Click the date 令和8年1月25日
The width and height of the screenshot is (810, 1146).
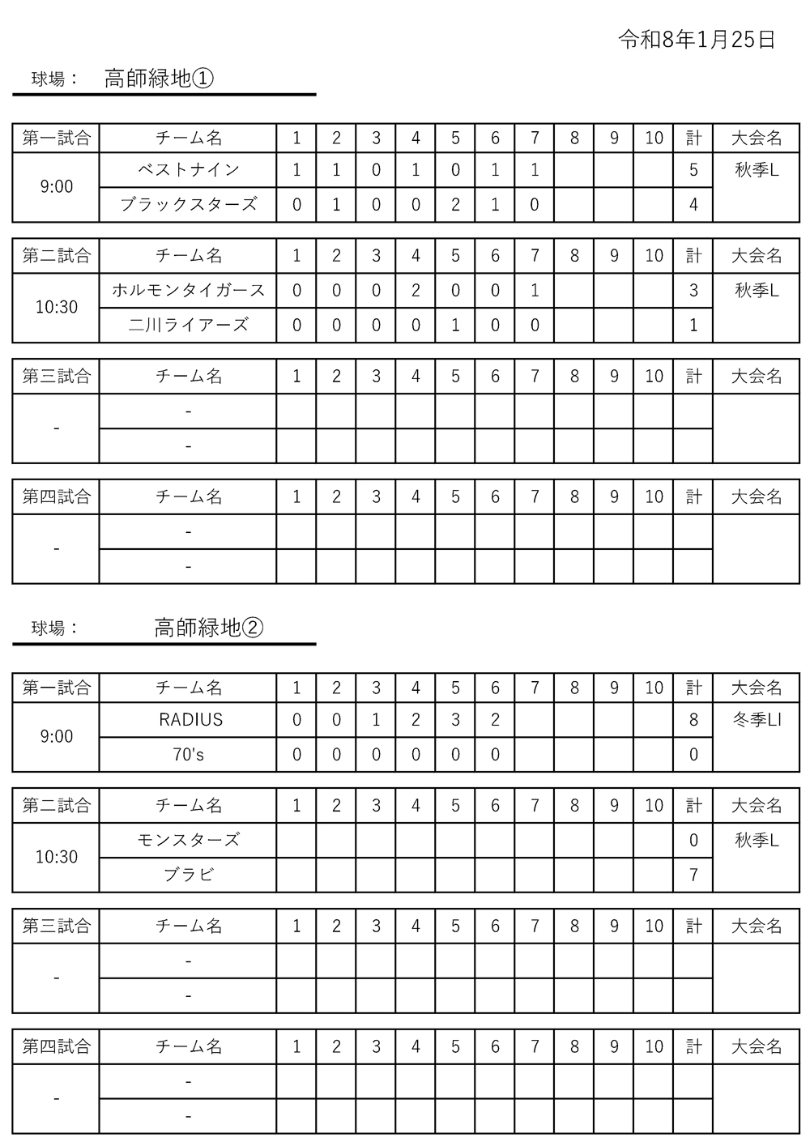tap(697, 40)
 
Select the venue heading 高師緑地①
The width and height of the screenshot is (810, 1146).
tap(159, 79)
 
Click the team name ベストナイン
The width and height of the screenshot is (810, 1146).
tap(188, 170)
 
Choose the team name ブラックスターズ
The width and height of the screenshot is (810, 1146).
tap(188, 204)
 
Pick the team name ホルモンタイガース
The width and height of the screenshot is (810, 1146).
tap(188, 290)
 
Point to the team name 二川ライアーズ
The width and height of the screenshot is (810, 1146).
tap(188, 325)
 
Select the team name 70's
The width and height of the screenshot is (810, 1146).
tap(189, 754)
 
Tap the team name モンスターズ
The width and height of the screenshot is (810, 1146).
tap(188, 840)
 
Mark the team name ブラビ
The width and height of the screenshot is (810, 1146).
tap(188, 875)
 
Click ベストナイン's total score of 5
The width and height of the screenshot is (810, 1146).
tap(693, 170)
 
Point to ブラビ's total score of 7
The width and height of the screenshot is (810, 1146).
tap(693, 875)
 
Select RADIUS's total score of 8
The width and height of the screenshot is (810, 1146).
tap(693, 719)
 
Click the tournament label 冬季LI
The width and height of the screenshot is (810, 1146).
tap(757, 719)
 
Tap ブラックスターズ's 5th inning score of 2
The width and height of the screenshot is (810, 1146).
tap(455, 204)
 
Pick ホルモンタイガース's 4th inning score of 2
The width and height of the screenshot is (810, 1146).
tap(416, 290)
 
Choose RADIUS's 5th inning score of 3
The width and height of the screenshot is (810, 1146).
tap(455, 719)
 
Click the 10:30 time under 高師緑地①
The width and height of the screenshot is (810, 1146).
tap(57, 307)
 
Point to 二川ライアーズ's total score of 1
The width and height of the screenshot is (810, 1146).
tap(693, 325)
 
